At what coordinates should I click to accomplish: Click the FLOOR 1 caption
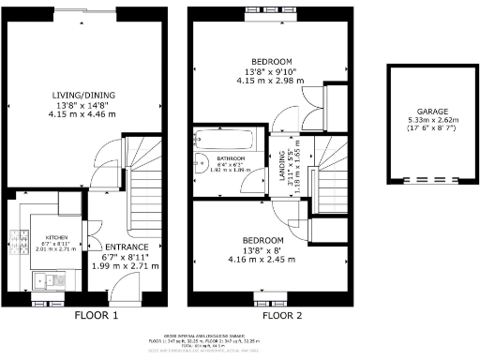click(x=96, y=317)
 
